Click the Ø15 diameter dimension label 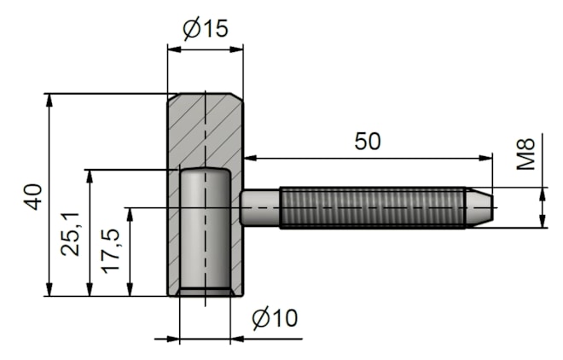pyautogui.click(x=206, y=28)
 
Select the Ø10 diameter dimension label pyautogui.click(x=275, y=319)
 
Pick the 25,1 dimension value pyautogui.click(x=72, y=232)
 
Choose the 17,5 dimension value pyautogui.click(x=111, y=251)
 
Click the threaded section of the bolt pyautogui.click(x=371, y=207)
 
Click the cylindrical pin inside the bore pyautogui.click(x=204, y=230)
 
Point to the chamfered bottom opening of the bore pyautogui.click(x=204, y=293)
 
